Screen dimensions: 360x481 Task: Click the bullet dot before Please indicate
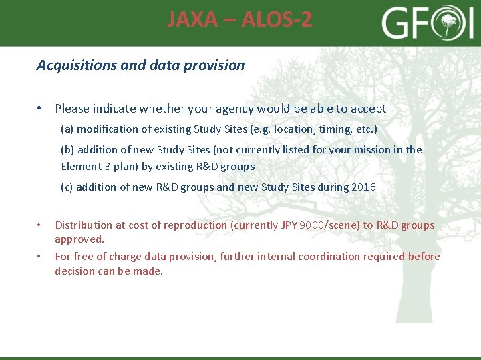pyautogui.click(x=41, y=109)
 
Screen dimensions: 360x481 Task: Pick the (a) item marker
pyautogui.click(x=67, y=129)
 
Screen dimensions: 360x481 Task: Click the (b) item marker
pyautogui.click(x=67, y=150)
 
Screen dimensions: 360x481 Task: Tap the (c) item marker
pyautogui.click(x=67, y=187)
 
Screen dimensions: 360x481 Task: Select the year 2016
pyautogui.click(x=363, y=187)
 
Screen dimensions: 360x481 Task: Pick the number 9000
pyautogui.click(x=311, y=225)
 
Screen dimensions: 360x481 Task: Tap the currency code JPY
pyautogui.click(x=288, y=225)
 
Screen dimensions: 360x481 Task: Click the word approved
pyautogui.click(x=79, y=239)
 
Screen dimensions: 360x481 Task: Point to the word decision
pyautogui.click(x=75, y=271)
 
